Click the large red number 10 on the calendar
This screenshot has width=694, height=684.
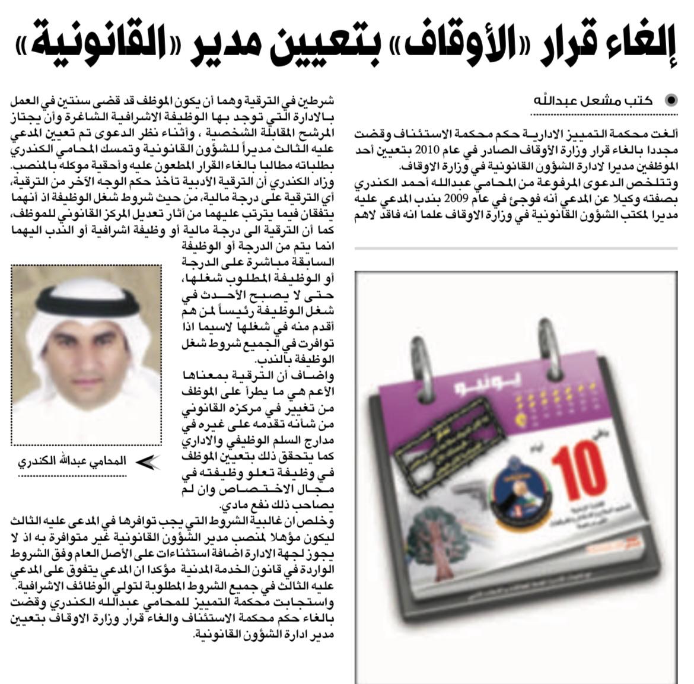coord(578,475)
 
